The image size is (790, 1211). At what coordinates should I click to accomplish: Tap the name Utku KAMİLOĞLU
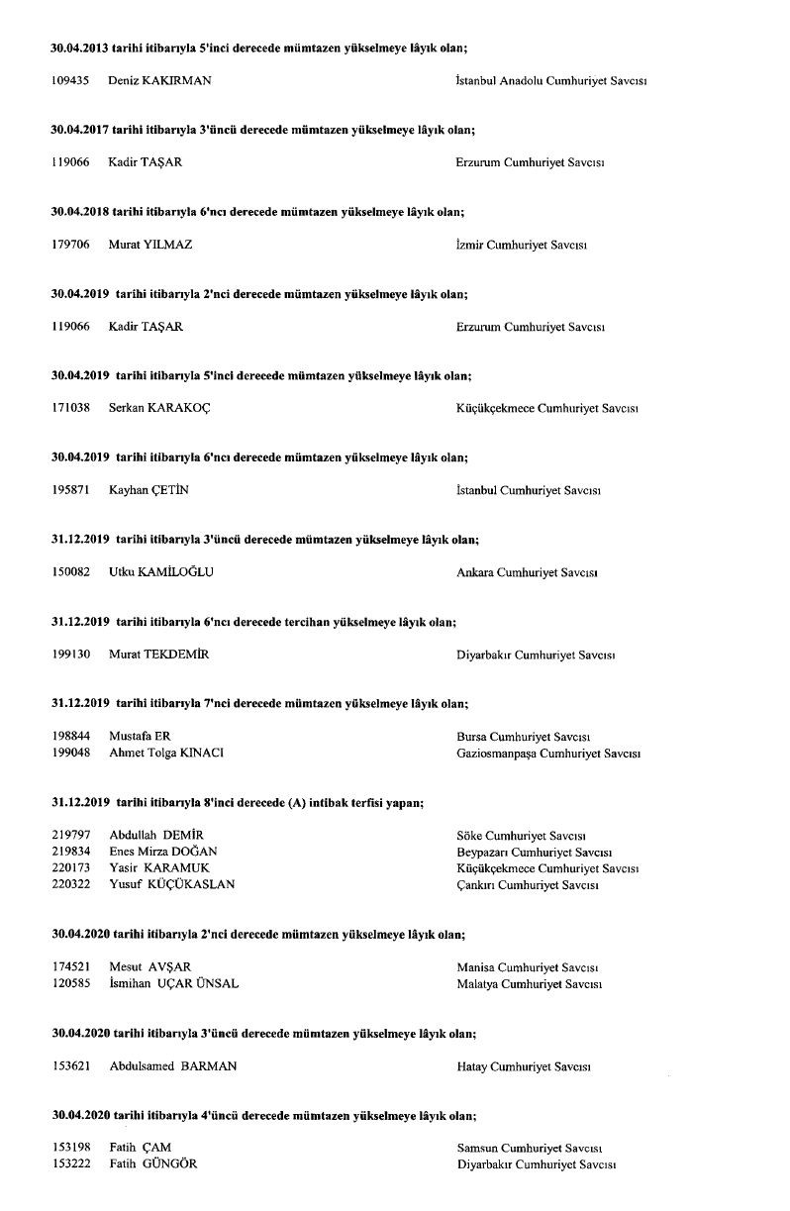pos(161,572)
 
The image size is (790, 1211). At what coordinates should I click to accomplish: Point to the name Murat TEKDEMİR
pos(158,655)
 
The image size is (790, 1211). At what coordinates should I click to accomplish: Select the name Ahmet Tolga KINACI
pos(166,753)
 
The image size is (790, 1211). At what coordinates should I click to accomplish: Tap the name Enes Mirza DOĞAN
pos(163,852)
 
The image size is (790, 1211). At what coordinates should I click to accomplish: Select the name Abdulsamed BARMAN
pos(173,1066)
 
